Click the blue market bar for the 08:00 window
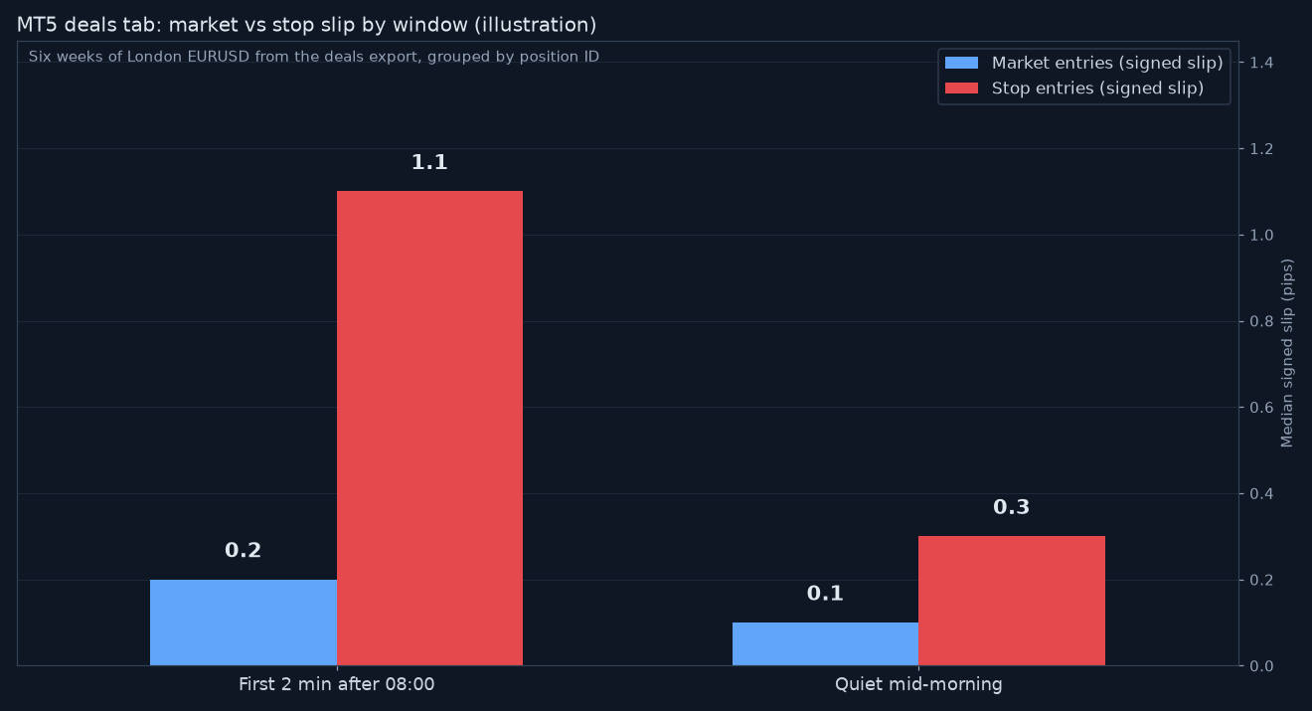point(244,622)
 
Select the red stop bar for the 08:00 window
point(430,428)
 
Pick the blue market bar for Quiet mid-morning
point(825,644)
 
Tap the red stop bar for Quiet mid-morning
point(1012,601)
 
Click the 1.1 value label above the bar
point(429,162)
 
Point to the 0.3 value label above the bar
point(1012,507)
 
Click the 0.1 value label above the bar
point(825,594)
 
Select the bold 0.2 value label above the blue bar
point(244,550)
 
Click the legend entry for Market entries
point(1084,63)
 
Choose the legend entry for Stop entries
point(1074,88)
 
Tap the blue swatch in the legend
point(962,63)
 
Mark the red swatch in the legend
point(962,88)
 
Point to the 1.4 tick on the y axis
point(1261,63)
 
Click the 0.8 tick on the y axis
point(1261,321)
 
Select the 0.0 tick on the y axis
point(1261,666)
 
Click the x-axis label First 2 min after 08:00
point(337,684)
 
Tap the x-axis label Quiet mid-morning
point(918,684)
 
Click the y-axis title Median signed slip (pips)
point(1287,353)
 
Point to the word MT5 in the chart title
point(38,25)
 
